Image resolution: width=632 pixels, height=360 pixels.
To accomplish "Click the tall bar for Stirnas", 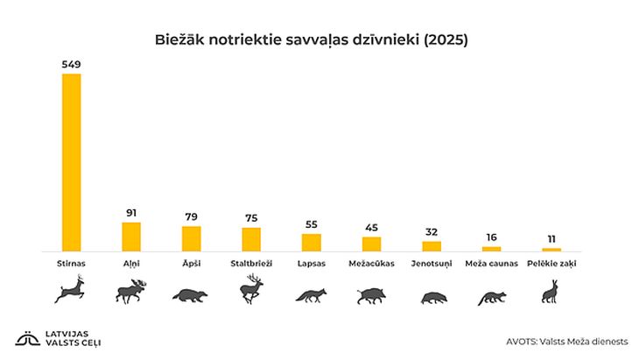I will (71, 162).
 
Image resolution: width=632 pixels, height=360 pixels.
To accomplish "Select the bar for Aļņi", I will (131, 236).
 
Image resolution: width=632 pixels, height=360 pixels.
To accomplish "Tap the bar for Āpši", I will (191, 238).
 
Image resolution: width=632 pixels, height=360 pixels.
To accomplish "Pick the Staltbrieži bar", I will (251, 239).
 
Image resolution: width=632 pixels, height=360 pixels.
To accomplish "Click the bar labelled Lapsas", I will (311, 242).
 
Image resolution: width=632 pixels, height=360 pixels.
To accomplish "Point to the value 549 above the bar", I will (71, 64).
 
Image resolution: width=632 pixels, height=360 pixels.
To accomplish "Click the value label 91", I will (131, 213).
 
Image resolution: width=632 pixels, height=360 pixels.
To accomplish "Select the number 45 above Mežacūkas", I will (371, 228).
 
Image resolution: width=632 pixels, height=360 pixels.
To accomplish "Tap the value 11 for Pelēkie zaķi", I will (551, 239).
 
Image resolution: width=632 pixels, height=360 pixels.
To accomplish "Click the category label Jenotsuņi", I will (432, 263).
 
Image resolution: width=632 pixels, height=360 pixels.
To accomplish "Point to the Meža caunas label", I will (491, 263).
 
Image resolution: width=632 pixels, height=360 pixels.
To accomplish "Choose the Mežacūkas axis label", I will (371, 263).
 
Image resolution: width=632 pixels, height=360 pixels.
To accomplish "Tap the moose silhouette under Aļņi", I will (132, 292).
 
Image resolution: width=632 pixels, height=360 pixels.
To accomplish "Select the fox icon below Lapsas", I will (311, 295).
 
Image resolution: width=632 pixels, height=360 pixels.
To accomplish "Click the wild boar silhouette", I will (371, 296).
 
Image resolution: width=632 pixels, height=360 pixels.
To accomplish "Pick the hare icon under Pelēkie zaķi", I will (551, 292).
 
